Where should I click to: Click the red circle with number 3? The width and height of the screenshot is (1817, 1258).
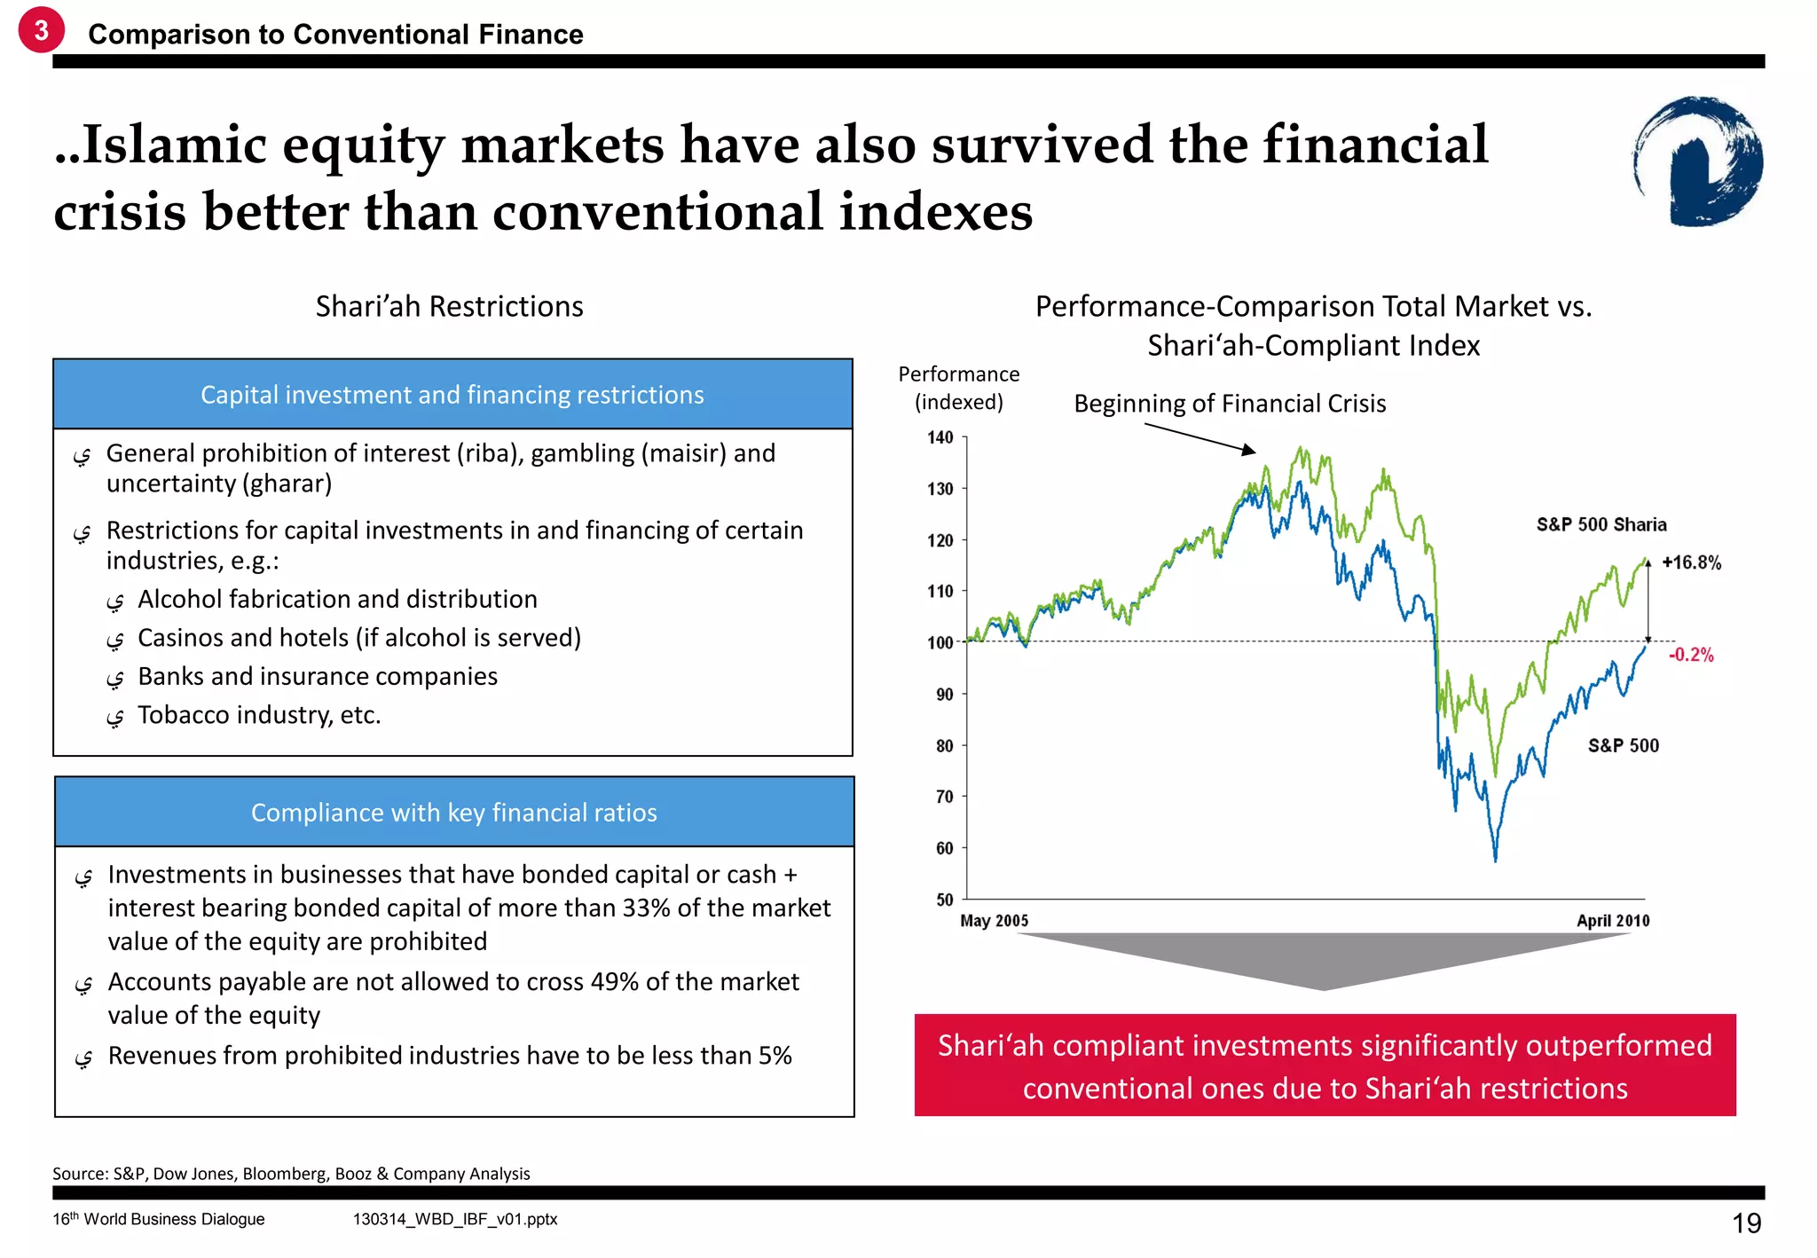[41, 30]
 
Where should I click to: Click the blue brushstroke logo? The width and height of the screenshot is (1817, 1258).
[1698, 161]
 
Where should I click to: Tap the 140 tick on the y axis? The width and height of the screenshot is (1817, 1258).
[940, 437]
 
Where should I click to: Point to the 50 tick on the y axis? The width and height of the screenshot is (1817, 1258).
[945, 900]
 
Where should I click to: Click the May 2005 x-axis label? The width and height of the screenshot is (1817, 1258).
[994, 921]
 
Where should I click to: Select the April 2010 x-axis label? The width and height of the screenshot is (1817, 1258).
[1612, 921]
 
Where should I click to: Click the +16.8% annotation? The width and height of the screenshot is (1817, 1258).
[1691, 562]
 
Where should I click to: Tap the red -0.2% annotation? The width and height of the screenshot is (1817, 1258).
[1691, 655]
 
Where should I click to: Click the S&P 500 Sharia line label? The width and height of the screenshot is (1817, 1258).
[1601, 524]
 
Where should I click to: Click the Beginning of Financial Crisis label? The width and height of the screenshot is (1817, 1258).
[1230, 404]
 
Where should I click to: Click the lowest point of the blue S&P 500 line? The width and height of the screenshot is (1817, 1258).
[1495, 859]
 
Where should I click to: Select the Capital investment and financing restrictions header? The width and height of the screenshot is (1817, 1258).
[452, 395]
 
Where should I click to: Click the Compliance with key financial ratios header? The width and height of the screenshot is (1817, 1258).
[453, 813]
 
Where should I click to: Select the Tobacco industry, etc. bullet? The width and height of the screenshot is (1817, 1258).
[259, 715]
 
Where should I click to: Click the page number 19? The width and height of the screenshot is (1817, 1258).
[1746, 1223]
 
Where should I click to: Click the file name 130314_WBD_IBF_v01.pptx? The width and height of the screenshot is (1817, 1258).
[455, 1219]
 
